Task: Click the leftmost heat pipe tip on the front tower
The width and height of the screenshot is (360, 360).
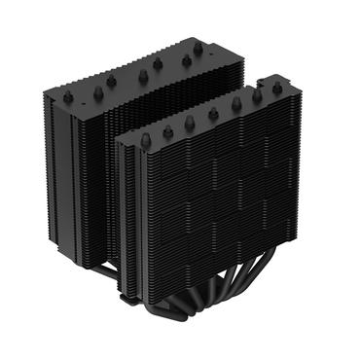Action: (x=146, y=138)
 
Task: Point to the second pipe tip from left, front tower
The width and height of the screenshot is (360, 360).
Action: (x=168, y=129)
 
